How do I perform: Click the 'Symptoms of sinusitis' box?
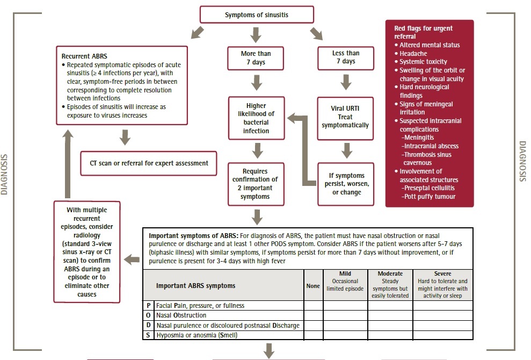tap(257, 15)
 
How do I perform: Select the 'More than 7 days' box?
tap(256, 57)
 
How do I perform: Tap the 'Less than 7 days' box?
tap(346, 57)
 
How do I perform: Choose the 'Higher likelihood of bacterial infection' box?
tap(256, 118)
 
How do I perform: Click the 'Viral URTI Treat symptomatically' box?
tap(345, 117)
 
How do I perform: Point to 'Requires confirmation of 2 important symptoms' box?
tap(256, 184)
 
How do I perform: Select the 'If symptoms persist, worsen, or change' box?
tap(346, 184)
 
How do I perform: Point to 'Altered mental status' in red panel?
tap(430, 45)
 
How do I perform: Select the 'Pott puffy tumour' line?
tap(428, 197)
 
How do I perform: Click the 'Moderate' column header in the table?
tap(390, 274)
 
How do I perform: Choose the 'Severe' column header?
tap(442, 274)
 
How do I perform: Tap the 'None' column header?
tap(313, 286)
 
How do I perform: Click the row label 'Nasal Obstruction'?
tap(181, 315)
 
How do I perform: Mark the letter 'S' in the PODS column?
tap(148, 335)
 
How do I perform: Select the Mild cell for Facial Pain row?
tap(345, 306)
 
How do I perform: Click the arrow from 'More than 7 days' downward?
tap(256, 83)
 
